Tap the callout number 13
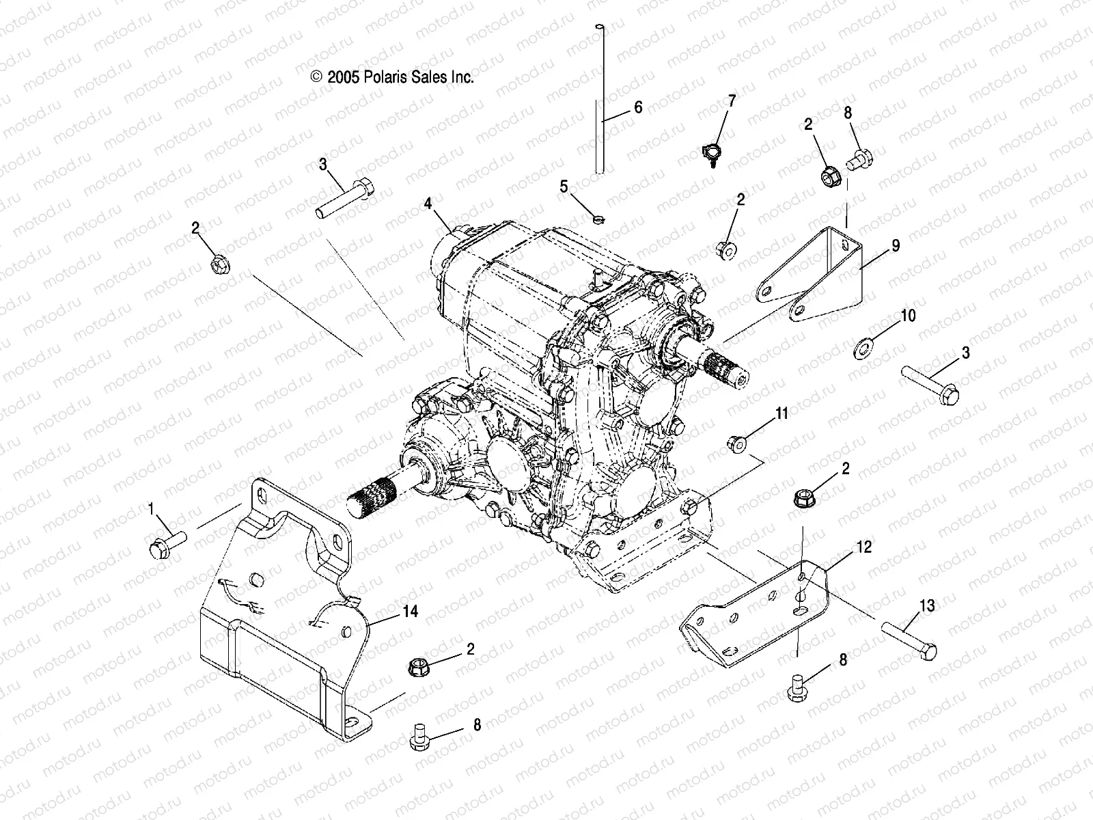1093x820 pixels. tap(927, 606)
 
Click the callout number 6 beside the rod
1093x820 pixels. tap(638, 107)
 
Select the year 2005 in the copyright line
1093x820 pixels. tap(342, 78)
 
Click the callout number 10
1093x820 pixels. tap(908, 316)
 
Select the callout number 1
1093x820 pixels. tap(151, 508)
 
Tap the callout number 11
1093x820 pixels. tap(781, 413)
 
